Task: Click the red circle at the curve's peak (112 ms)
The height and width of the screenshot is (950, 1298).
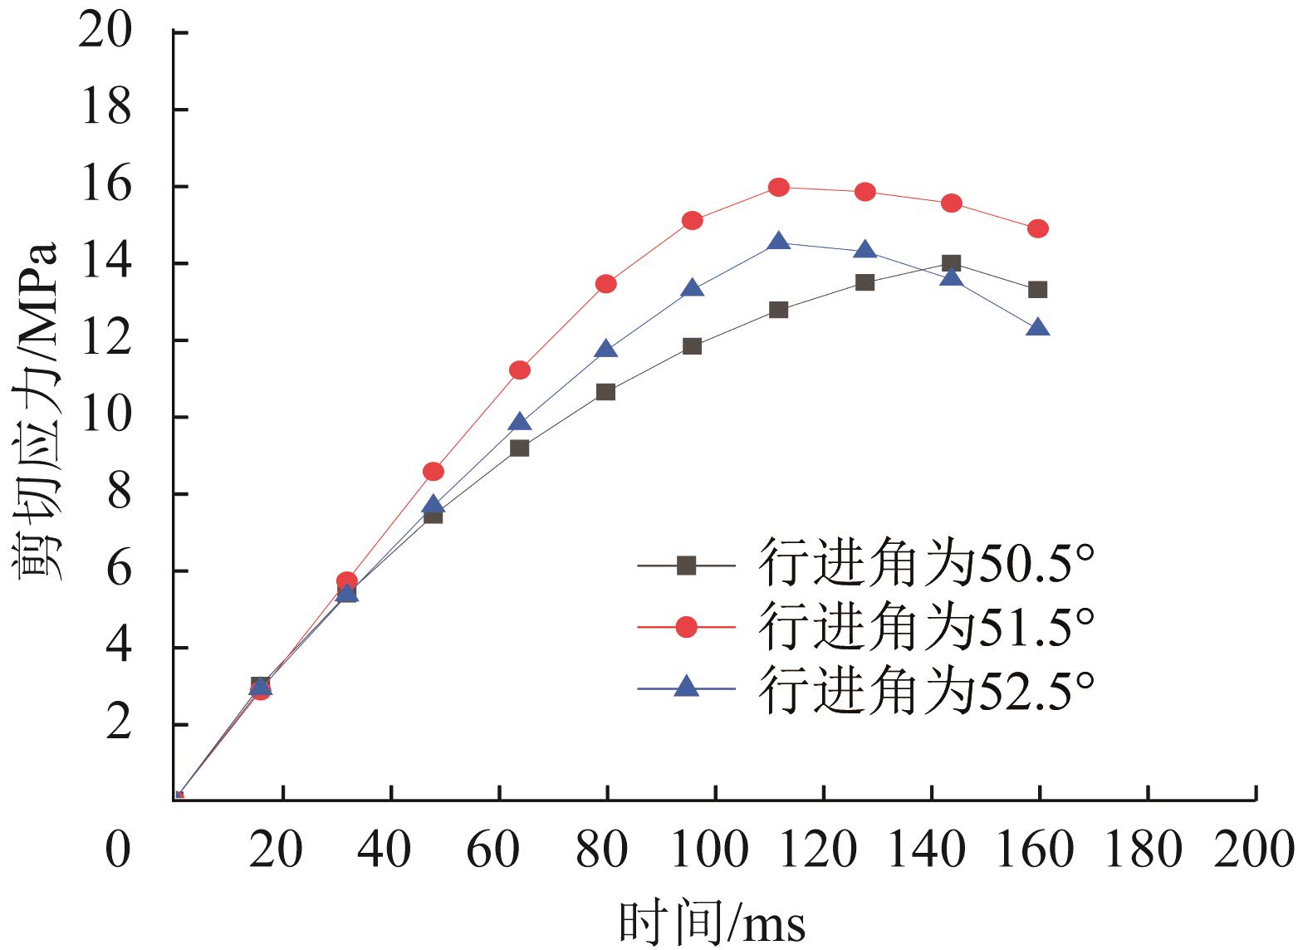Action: pyautogui.click(x=778, y=188)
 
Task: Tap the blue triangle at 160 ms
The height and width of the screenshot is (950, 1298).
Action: pyautogui.click(x=1038, y=328)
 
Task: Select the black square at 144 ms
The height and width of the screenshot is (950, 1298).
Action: pyautogui.click(x=952, y=264)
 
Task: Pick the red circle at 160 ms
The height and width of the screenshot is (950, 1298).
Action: pyautogui.click(x=1038, y=228)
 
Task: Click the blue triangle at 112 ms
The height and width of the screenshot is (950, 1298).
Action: pyautogui.click(x=778, y=242)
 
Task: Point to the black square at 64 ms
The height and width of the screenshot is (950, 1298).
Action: pyautogui.click(x=520, y=448)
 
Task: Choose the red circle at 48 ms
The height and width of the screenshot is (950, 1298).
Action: pyautogui.click(x=433, y=472)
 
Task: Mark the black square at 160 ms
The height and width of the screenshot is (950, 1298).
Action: pyautogui.click(x=1038, y=290)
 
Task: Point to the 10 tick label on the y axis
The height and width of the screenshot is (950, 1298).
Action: pyautogui.click(x=105, y=417)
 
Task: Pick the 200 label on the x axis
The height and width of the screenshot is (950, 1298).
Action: pyautogui.click(x=1254, y=850)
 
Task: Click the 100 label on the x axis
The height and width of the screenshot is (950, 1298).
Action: pyautogui.click(x=714, y=850)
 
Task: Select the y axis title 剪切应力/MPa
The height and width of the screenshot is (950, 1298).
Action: pyautogui.click(x=37, y=414)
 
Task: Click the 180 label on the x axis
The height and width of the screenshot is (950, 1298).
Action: pyautogui.click(x=1146, y=850)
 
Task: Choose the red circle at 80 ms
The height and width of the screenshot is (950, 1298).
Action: pyautogui.click(x=606, y=284)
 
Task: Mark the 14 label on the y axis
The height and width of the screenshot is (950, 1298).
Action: pyautogui.click(x=105, y=263)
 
